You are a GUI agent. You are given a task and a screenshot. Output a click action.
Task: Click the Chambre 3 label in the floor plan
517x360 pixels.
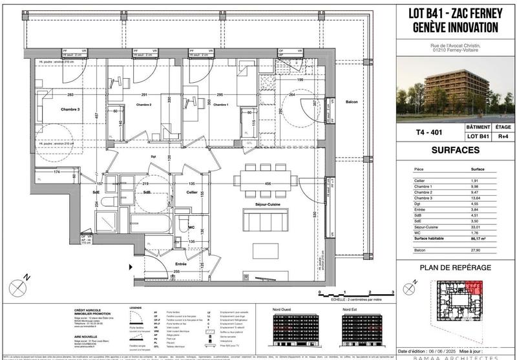[x=55, y=110]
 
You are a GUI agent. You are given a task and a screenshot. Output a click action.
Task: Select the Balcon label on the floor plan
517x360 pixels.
[x=351, y=102]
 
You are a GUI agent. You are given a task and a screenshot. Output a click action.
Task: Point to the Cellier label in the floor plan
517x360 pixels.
[x=192, y=192]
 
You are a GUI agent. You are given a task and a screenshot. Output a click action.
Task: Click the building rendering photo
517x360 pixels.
[x=456, y=89]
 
